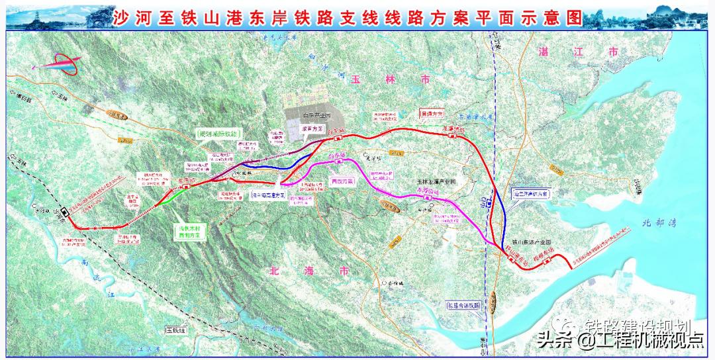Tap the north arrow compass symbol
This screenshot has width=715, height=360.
click(x=60, y=66)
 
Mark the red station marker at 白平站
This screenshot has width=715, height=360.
click(x=338, y=139)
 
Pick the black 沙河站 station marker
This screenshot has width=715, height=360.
click(x=65, y=212)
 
